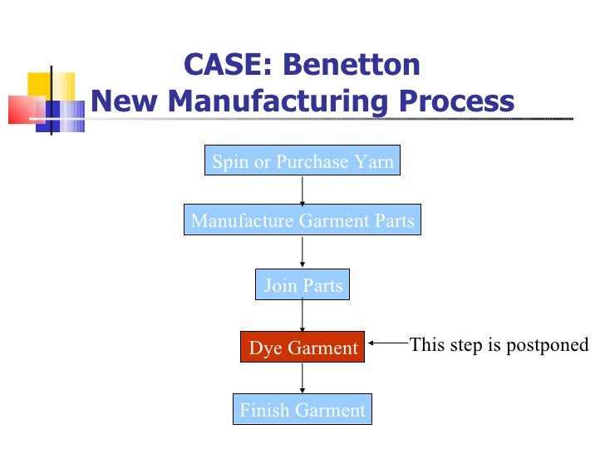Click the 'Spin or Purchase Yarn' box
click(302, 161)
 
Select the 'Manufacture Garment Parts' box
click(302, 220)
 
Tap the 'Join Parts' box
click(302, 285)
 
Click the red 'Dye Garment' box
click(302, 348)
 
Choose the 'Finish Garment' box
click(302, 409)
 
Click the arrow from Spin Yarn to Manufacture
click(302, 190)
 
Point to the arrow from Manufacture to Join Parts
click(302, 252)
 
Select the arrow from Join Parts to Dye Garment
click(302, 316)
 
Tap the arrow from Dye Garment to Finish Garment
click(302, 378)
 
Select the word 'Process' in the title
click(455, 101)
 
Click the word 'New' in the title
click(121, 101)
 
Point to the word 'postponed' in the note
click(553, 345)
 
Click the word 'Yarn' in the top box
click(376, 161)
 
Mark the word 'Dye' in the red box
click(266, 348)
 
